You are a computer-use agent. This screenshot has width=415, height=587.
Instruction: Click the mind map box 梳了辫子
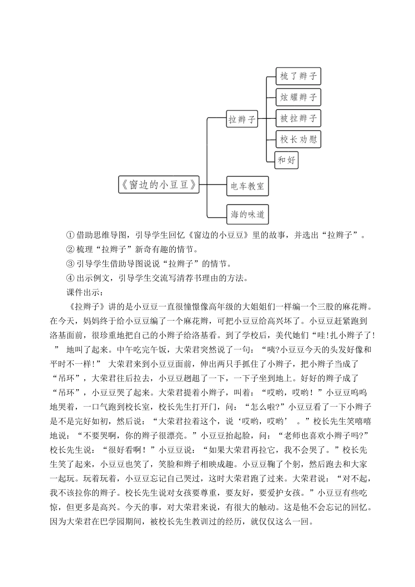point(298,76)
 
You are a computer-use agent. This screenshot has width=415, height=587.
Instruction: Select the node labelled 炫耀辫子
point(298,97)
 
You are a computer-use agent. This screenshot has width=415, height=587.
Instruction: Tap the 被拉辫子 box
point(298,118)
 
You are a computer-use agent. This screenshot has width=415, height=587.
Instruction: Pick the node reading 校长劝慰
point(298,139)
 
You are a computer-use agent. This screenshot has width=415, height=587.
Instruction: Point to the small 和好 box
point(286,160)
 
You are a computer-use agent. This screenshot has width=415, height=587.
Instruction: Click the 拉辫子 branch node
point(242,119)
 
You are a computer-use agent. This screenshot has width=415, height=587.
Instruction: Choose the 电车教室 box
point(247,186)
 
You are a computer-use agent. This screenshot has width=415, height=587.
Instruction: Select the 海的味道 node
point(247,214)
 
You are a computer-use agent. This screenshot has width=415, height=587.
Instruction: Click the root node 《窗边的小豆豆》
point(158,184)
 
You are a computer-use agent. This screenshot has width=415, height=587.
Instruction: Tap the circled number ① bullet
point(70,235)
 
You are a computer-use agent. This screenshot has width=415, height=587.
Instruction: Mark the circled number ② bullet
point(70,250)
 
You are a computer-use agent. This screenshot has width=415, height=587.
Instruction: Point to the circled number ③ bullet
point(70,264)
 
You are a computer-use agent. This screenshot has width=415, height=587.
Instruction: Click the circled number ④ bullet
point(70,278)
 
